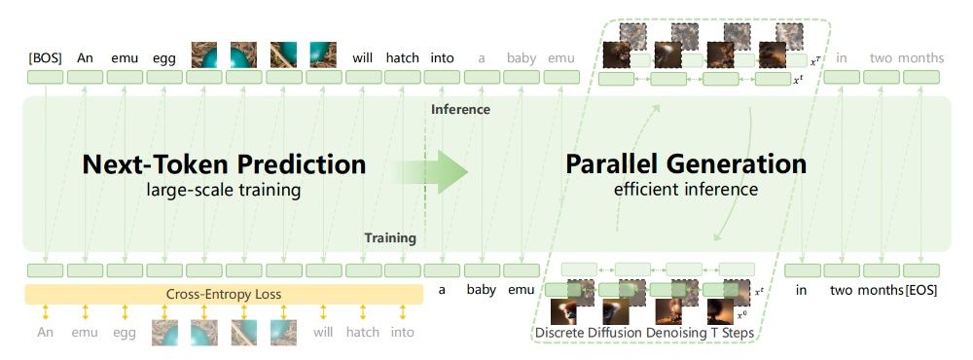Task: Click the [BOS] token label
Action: (46, 58)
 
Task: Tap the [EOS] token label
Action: (920, 290)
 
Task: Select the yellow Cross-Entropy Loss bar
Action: (224, 294)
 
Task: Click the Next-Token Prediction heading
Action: (224, 164)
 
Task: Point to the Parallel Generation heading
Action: (686, 164)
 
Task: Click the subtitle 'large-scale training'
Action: (224, 190)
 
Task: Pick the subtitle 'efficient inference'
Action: (686, 190)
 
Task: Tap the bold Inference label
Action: (460, 110)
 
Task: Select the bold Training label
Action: (390, 238)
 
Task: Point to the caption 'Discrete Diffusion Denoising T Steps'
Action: (644, 333)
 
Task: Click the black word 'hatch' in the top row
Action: (403, 58)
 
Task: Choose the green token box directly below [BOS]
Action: (46, 78)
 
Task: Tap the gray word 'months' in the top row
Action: (920, 58)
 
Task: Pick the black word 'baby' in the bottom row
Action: (482, 290)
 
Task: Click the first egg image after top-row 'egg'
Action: (204, 54)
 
